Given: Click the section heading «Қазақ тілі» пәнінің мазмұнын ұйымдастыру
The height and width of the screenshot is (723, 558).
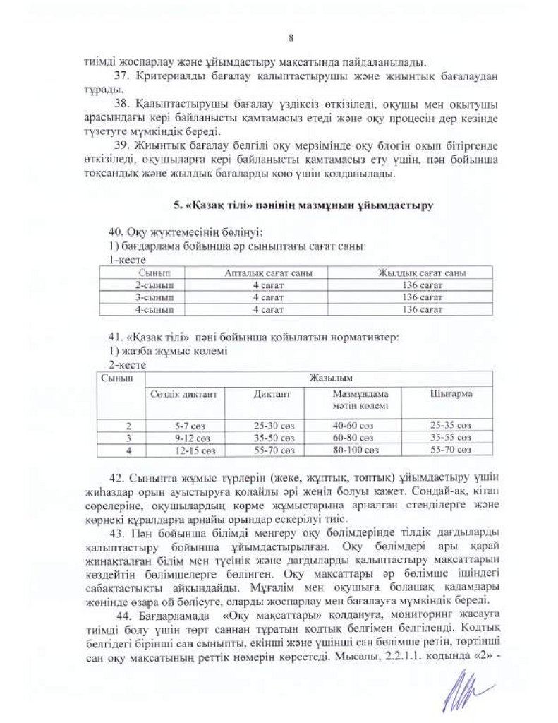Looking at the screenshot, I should [x=303, y=205].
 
